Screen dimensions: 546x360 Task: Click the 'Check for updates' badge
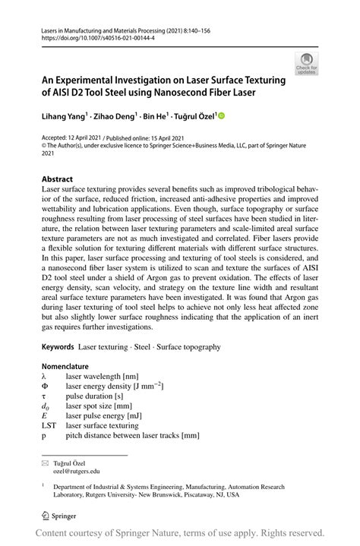[x=306, y=63]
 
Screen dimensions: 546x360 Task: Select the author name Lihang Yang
[x=65, y=117]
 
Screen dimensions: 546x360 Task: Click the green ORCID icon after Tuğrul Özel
[x=223, y=117]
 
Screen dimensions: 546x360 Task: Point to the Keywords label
[x=58, y=346]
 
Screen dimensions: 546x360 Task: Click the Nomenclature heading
[x=70, y=366]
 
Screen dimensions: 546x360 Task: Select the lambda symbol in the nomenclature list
[x=45, y=376]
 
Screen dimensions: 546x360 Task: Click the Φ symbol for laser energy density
[x=45, y=386]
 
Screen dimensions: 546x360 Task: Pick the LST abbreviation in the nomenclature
[x=49, y=426]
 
